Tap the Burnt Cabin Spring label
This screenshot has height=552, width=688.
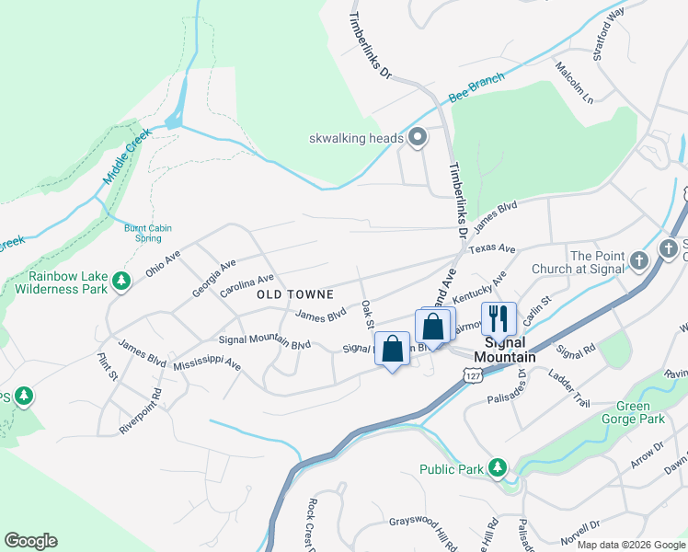[143, 234]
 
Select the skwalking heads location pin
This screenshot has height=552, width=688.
[418, 138]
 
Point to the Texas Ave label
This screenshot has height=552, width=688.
[492, 249]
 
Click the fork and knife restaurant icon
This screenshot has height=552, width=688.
[498, 319]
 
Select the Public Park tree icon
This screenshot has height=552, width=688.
[498, 468]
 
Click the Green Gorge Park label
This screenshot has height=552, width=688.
[639, 412]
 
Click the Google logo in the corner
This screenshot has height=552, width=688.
[30, 541]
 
